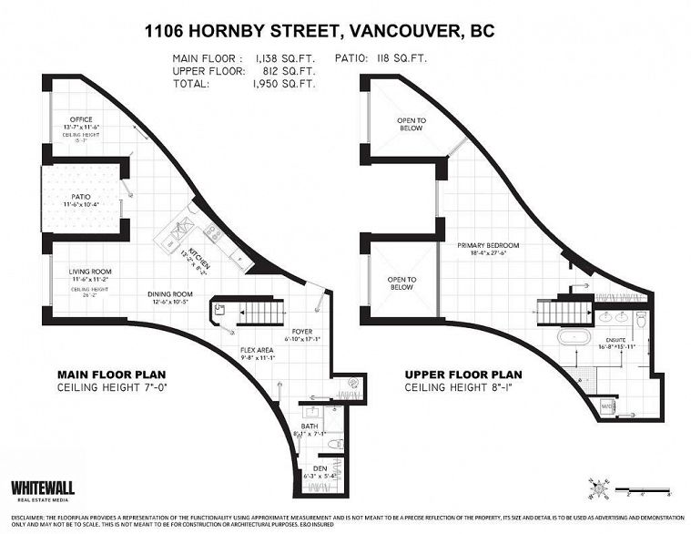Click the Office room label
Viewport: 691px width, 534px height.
(x=81, y=118)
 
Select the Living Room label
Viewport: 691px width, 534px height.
(x=90, y=272)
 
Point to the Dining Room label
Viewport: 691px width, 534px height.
(x=170, y=294)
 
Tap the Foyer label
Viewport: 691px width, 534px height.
(x=302, y=332)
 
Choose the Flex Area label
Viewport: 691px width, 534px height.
(x=258, y=350)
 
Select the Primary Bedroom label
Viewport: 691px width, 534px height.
(x=489, y=246)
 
